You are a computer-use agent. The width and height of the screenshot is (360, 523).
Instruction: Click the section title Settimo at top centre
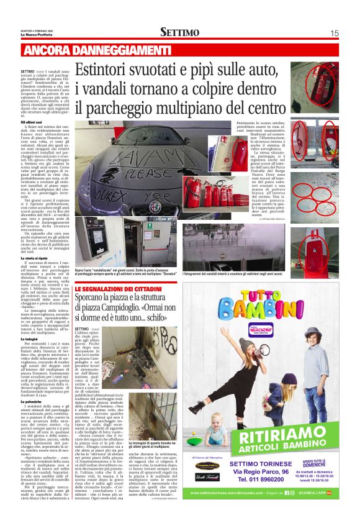point(179,32)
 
